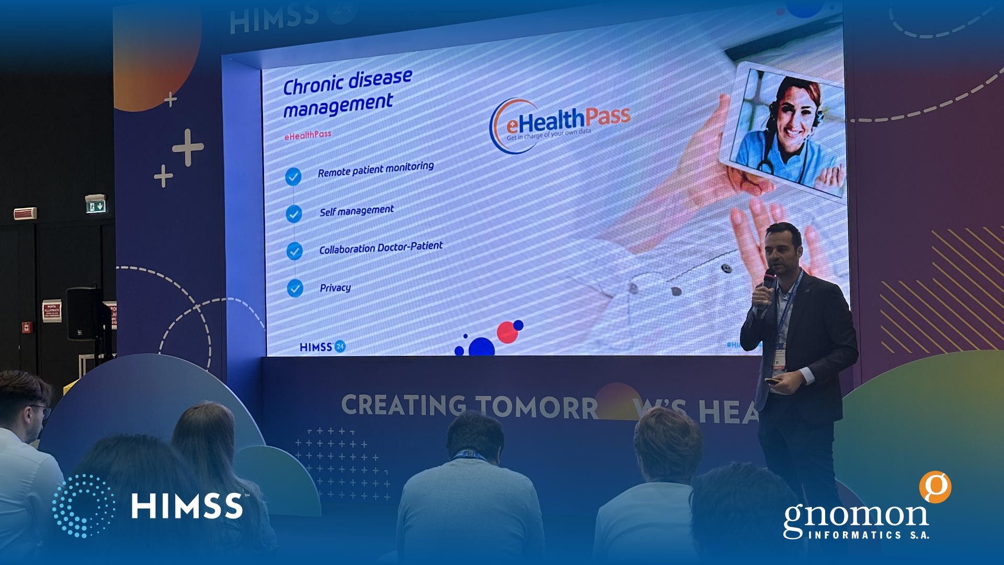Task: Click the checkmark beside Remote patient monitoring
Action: tap(293, 177)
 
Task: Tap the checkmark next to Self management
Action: tap(294, 213)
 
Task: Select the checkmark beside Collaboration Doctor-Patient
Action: tap(294, 251)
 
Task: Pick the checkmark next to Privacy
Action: tap(295, 288)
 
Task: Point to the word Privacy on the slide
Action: tap(335, 288)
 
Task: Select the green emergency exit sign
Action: tap(96, 206)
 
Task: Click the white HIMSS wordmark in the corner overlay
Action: tap(187, 506)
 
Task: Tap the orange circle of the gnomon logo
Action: tap(935, 487)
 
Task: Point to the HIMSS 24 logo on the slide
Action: tap(322, 347)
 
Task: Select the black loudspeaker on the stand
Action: tap(84, 314)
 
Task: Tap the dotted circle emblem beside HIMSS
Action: tap(84, 506)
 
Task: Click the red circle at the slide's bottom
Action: tap(507, 333)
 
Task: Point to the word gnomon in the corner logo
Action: tap(855, 516)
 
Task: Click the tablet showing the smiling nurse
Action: tap(784, 131)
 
